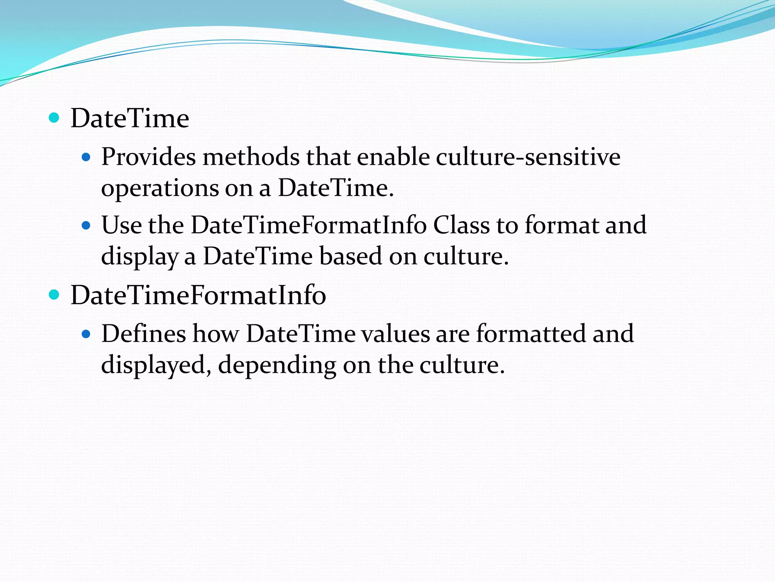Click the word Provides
click(148, 157)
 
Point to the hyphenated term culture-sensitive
click(528, 157)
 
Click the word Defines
click(144, 334)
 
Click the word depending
click(277, 366)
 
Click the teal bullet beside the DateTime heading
click(54, 118)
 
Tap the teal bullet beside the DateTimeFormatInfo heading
click(54, 294)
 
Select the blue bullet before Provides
click(86, 156)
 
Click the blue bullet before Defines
click(86, 333)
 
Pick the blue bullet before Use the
click(86, 225)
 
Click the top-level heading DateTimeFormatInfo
click(198, 295)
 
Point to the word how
click(216, 334)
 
